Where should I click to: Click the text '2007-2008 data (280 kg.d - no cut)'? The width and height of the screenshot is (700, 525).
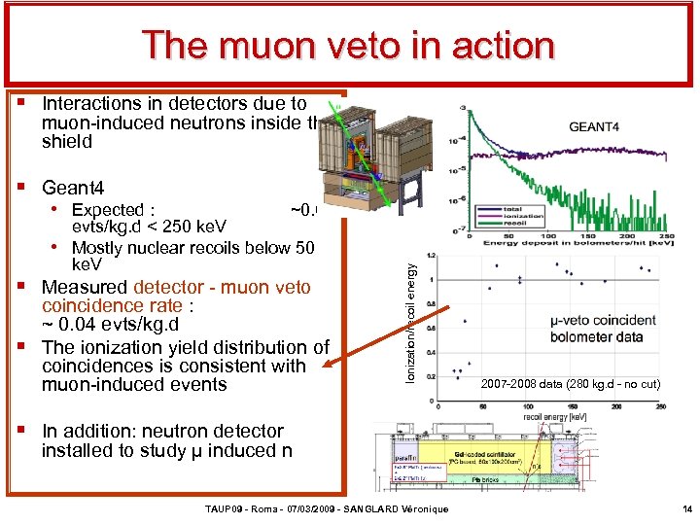coord(571,385)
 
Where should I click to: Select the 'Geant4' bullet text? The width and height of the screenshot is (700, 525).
coord(73,188)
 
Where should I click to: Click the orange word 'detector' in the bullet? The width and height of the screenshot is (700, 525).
coord(166,287)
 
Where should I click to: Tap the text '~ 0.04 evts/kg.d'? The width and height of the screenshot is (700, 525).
coord(110,324)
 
